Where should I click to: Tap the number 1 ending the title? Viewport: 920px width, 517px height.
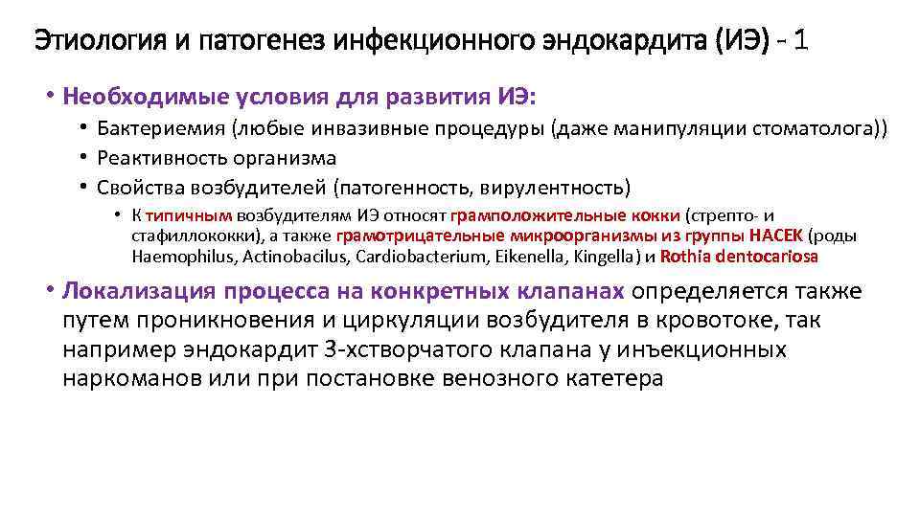click(800, 42)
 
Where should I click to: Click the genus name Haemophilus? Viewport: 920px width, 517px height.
click(184, 257)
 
